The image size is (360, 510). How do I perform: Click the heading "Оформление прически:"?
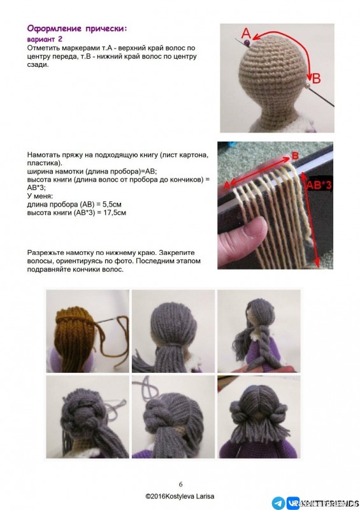coord(77,29)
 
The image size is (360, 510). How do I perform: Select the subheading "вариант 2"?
coord(44,39)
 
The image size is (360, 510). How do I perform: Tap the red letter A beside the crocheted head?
coord(246,34)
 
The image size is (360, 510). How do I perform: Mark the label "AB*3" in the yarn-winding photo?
coord(318,186)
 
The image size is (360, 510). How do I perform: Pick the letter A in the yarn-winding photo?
coord(225,185)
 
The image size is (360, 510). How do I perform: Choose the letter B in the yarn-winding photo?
coord(294,156)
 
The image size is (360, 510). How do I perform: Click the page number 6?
coord(180,484)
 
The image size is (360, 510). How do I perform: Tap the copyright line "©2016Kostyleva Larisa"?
coord(180,495)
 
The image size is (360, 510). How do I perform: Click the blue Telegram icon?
coord(278,502)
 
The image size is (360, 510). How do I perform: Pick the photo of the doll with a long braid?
coord(258,331)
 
